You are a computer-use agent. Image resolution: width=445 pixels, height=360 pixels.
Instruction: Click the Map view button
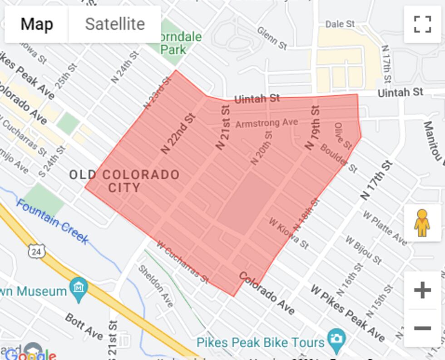pos(37,24)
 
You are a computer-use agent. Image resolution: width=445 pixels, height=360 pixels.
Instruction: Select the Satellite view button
pos(115,24)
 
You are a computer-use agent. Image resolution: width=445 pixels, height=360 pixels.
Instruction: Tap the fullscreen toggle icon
pos(422,25)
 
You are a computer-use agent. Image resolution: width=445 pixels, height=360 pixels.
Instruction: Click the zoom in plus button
pos(422,290)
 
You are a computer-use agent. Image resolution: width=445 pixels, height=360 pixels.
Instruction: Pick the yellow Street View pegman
pos(422,222)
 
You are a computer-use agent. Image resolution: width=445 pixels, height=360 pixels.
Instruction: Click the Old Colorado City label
pos(124,181)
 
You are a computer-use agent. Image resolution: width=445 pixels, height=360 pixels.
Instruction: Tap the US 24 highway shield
pos(36,250)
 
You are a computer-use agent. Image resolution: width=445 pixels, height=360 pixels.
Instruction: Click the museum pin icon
pos(79,289)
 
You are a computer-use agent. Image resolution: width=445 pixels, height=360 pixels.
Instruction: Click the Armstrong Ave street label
pos(267,123)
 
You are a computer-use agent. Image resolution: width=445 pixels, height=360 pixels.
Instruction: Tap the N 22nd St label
pos(178,133)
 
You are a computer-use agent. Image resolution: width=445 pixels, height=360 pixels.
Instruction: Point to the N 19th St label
pos(312,128)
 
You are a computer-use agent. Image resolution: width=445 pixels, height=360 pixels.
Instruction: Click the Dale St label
pos(340,24)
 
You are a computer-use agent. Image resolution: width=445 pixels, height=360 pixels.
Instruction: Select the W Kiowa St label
pos(289,233)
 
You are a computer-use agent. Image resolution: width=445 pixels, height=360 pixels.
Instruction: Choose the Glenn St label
pos(272,38)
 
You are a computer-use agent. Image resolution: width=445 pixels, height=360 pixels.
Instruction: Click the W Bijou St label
pos(363,250)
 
